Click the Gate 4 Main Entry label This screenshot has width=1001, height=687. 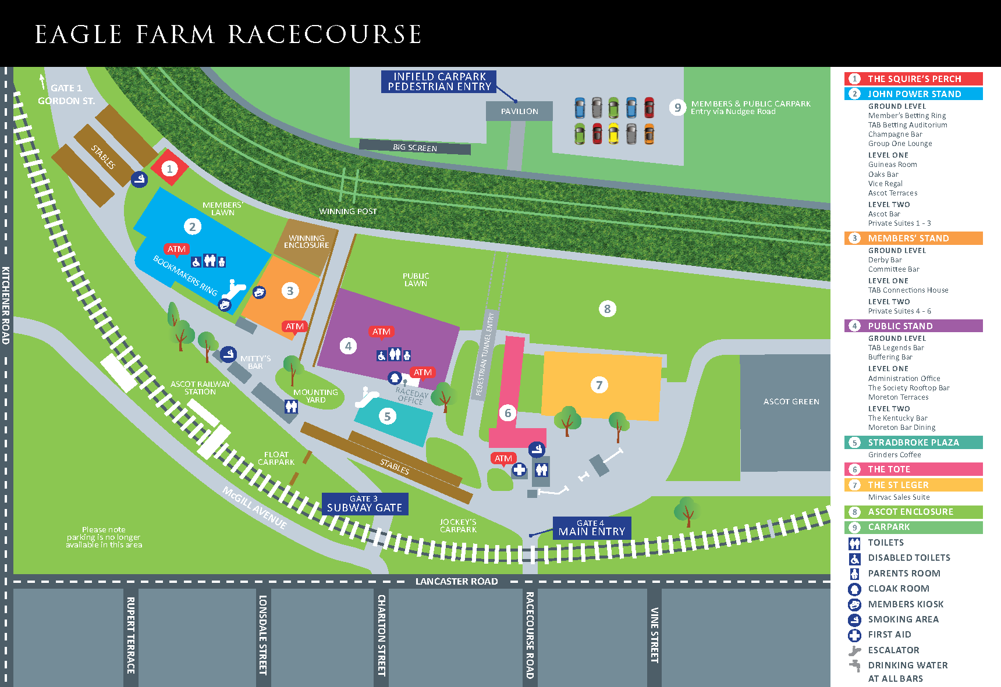tap(591, 528)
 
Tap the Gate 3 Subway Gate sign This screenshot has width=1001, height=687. tap(365, 504)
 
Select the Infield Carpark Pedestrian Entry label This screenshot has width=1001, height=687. tap(439, 81)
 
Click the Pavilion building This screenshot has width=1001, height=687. tap(519, 111)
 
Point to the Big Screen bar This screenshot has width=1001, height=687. tap(415, 148)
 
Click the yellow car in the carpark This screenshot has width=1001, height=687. tap(613, 133)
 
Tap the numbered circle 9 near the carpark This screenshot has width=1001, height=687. tap(677, 108)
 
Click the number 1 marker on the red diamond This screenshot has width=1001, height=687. tap(169, 169)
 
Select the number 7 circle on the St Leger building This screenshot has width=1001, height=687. tap(599, 385)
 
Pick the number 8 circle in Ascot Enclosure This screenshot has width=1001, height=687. tap(607, 309)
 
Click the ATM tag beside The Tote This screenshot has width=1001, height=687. tap(503, 458)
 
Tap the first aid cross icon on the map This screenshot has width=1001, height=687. tap(519, 469)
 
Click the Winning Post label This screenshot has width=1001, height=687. tap(347, 211)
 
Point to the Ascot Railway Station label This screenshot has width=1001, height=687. tap(200, 388)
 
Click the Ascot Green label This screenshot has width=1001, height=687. tap(791, 401)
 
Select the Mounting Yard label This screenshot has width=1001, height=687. tap(315, 396)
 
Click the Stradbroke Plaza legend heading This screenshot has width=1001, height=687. tap(913, 442)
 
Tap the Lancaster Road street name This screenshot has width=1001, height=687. tap(456, 581)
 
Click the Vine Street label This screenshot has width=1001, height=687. tap(654, 635)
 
